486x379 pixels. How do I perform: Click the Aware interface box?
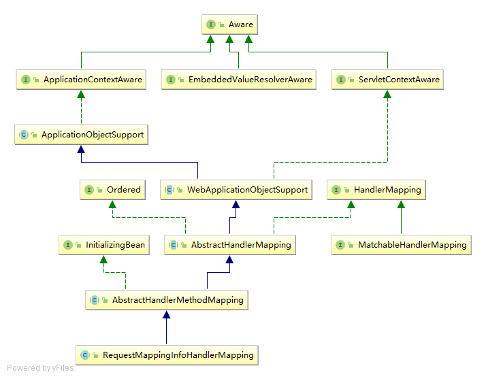(x=229, y=24)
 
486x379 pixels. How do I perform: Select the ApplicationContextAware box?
(x=82, y=80)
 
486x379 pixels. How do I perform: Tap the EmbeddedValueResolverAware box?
(x=239, y=80)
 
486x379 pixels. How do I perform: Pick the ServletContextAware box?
(x=388, y=80)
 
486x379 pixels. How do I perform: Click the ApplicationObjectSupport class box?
(x=81, y=135)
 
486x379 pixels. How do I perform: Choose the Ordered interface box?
(x=112, y=190)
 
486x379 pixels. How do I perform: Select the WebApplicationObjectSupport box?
(x=236, y=190)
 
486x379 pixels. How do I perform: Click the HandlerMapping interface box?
(x=376, y=190)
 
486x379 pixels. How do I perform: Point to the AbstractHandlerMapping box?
(x=230, y=245)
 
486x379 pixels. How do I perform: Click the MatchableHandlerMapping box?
(x=401, y=245)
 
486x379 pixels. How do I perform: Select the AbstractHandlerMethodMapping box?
(x=166, y=300)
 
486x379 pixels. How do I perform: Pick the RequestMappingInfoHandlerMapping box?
(x=167, y=355)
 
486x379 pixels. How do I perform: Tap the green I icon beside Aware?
(x=212, y=24)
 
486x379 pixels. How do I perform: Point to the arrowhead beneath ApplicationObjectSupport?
(x=81, y=150)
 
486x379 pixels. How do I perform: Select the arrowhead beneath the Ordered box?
(x=112, y=205)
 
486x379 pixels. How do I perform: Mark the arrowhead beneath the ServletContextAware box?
(x=388, y=95)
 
